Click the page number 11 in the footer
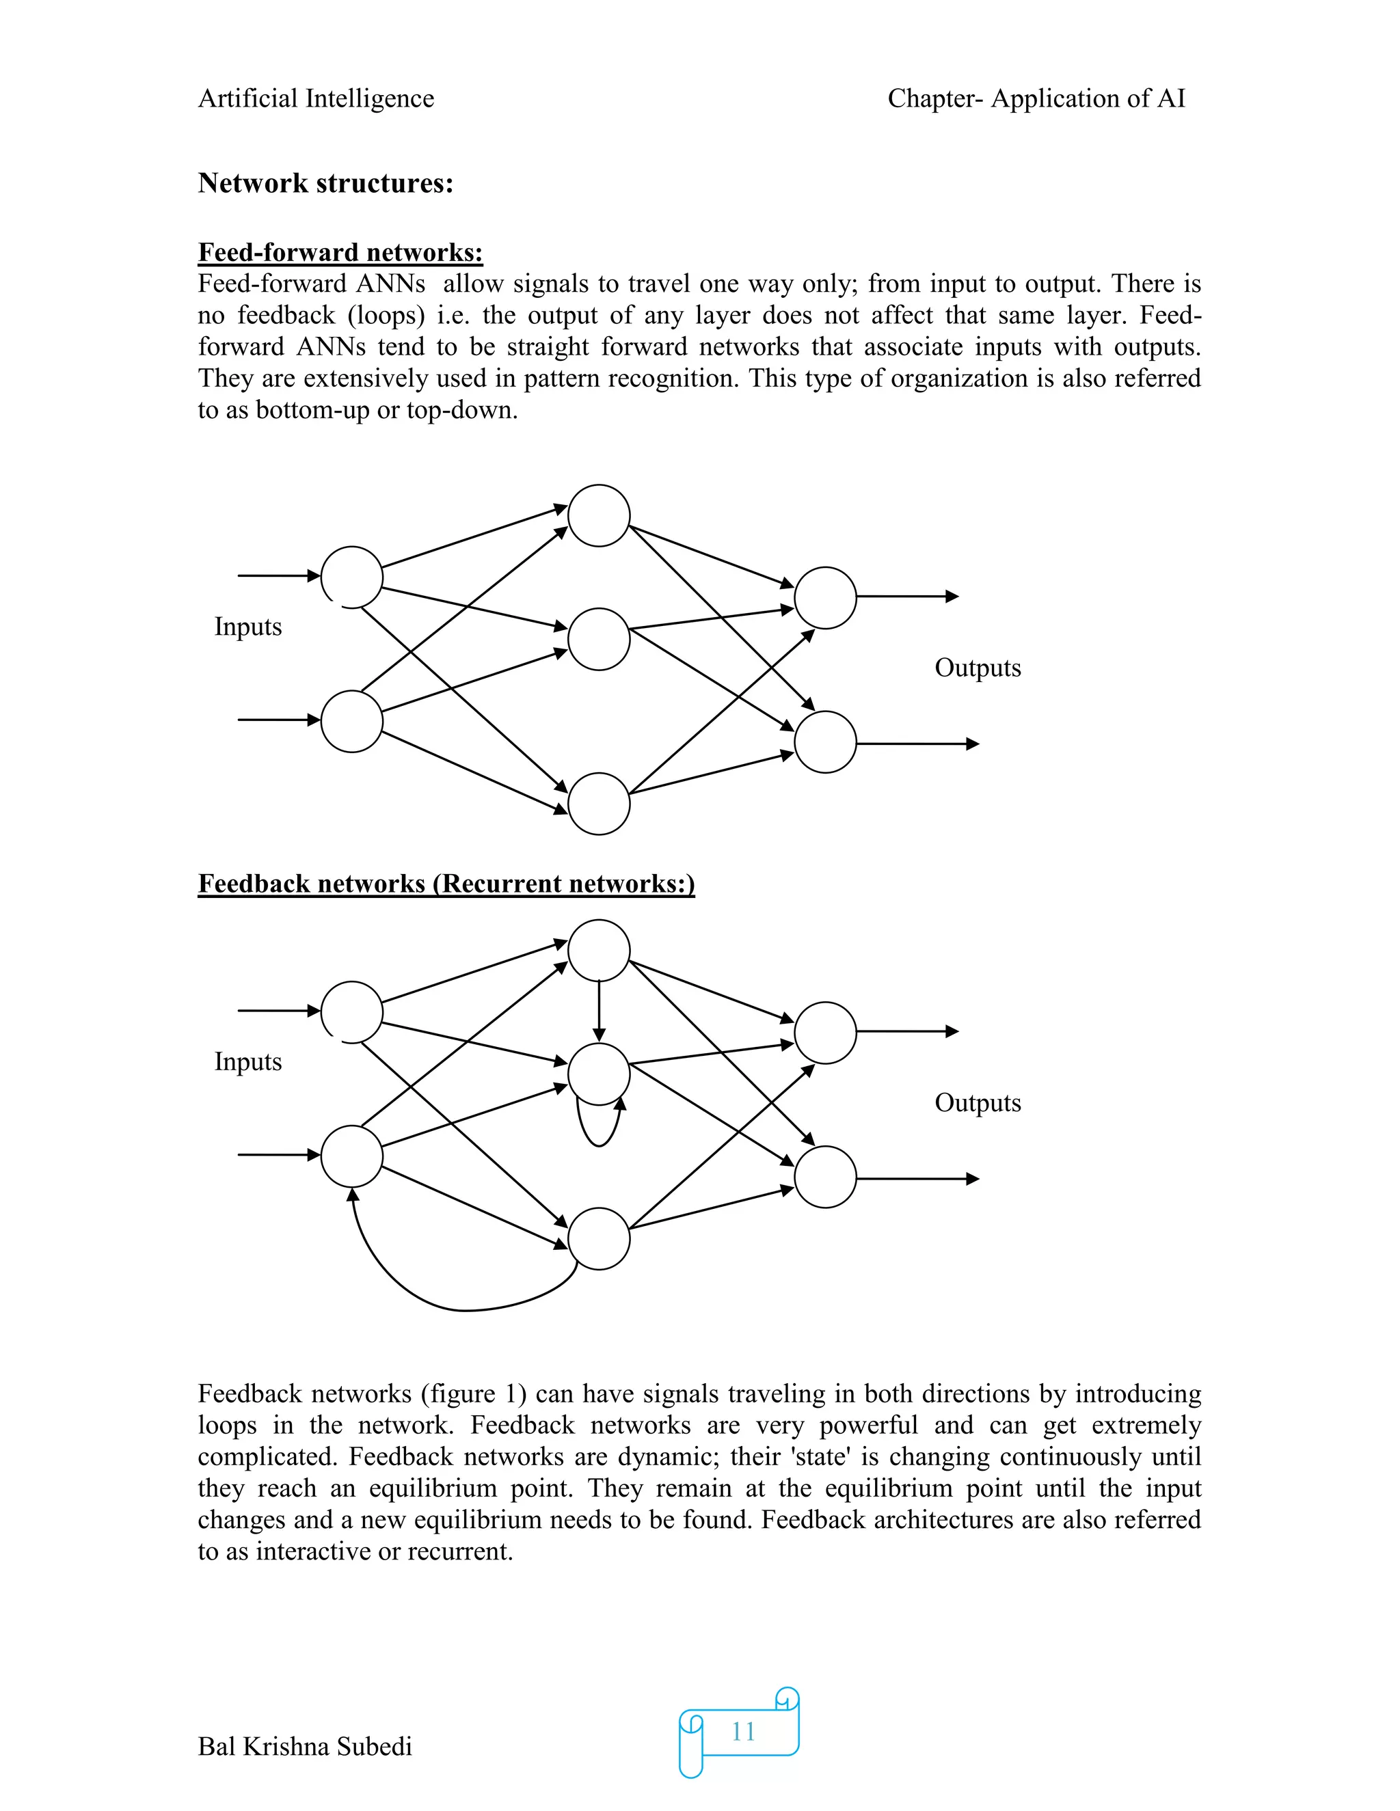coord(742,1732)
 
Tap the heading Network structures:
coord(325,183)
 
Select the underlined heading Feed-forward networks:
coord(340,252)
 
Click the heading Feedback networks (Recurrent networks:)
coord(446,883)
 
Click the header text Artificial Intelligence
coord(316,98)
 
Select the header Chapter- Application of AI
coord(1036,98)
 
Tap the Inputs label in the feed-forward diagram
coord(248,626)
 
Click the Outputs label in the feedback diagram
coord(977,1103)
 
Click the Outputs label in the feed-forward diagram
coord(977,668)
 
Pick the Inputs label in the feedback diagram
coord(248,1061)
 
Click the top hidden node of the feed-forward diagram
coord(599,516)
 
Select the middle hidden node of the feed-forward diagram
coord(599,640)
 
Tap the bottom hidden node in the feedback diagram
coord(599,1239)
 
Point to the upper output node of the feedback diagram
coord(825,1033)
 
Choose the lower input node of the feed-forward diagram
coord(351,722)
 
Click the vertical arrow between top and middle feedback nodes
coord(599,1011)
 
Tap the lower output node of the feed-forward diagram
coord(825,742)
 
